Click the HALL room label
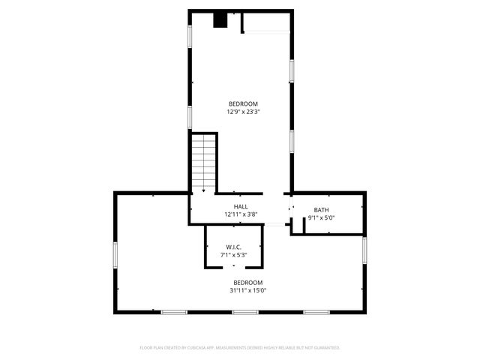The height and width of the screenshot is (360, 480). pos(241,207)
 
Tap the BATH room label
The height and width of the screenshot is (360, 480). pos(321,210)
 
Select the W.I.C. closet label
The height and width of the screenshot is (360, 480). pos(233,247)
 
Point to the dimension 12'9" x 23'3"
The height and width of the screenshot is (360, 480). pos(243,112)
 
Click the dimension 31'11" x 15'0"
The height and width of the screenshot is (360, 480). pos(247,290)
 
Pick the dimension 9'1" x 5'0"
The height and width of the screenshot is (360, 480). pos(321,218)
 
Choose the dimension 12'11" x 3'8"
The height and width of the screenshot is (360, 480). pos(241,215)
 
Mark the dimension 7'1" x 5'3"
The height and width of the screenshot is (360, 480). pos(233,256)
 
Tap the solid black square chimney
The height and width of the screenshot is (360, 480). pos(220,20)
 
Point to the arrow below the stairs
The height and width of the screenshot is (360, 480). pos(203,192)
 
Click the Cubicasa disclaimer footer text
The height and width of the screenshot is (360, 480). pos(240,348)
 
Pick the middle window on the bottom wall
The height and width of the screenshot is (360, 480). pos(244,312)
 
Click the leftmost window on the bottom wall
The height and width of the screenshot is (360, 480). pos(175,312)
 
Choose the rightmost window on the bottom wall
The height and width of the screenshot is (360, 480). pos(315,312)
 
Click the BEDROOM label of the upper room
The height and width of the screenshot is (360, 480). pos(243,103)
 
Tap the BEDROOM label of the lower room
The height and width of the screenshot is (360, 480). pos(247,282)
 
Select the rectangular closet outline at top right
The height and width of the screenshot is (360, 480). pos(265,22)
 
